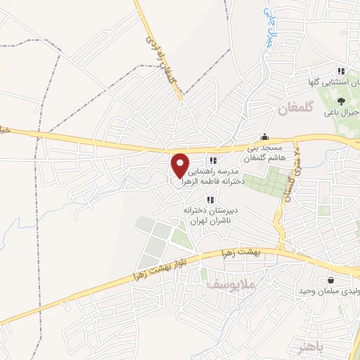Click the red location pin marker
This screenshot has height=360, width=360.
[x=181, y=164]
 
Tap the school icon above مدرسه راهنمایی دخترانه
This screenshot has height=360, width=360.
[x=212, y=161]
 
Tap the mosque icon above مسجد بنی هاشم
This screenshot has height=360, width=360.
[x=264, y=137]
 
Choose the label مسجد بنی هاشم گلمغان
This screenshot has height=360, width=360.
[x=264, y=153]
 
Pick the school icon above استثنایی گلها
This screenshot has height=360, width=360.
[x=341, y=71]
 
